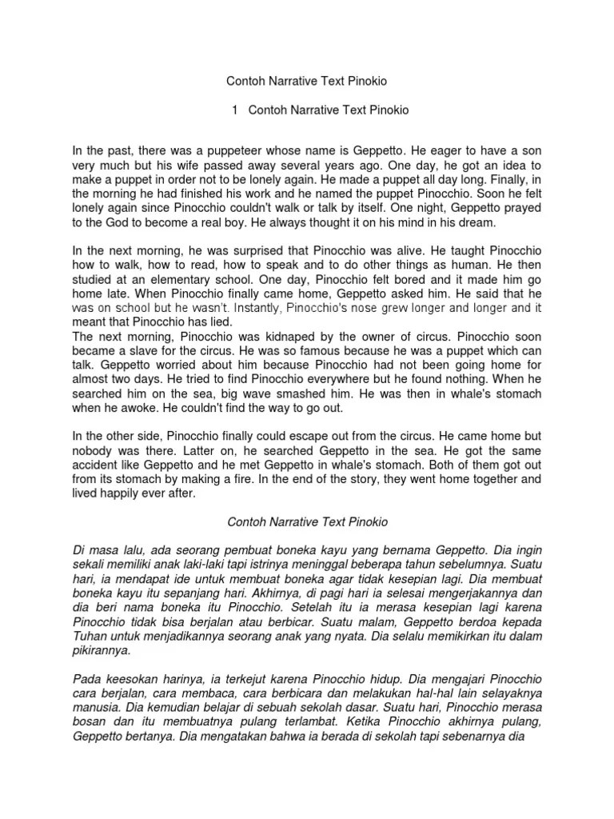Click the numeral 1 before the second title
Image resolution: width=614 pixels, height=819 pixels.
(235, 110)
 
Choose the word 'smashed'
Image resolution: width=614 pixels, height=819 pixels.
(313, 394)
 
